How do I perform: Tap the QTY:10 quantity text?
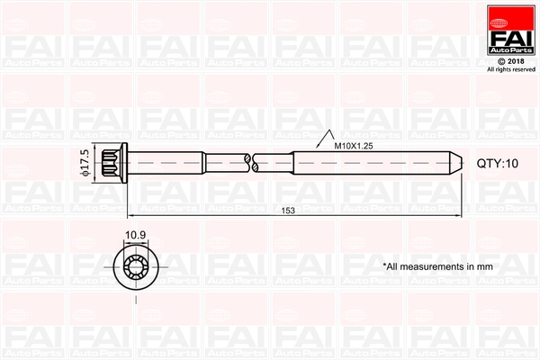(498, 164)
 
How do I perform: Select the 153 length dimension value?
(288, 211)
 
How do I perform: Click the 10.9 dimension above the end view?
(135, 236)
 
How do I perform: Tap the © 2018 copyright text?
(510, 60)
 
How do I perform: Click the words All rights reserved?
(510, 69)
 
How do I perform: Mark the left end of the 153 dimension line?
(129, 217)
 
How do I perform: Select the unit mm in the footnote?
(484, 266)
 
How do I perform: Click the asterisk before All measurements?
(384, 265)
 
